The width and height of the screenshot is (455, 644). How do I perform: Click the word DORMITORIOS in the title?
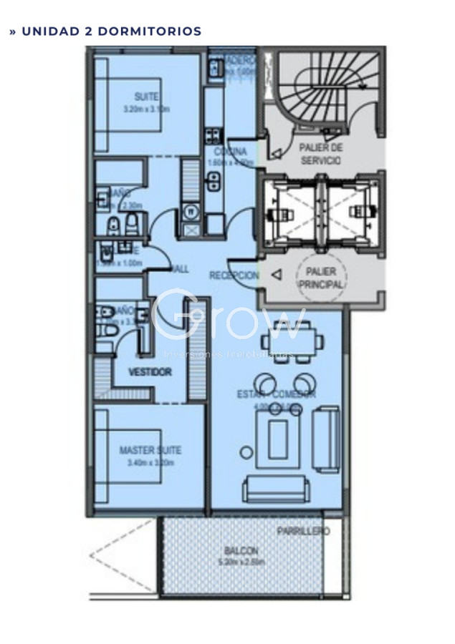pyautogui.click(x=149, y=31)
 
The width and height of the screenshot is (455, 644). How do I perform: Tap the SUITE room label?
pyautogui.click(x=146, y=97)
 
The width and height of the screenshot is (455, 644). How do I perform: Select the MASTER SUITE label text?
pyautogui.click(x=150, y=450)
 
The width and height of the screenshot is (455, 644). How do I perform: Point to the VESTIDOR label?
pyautogui.click(x=150, y=372)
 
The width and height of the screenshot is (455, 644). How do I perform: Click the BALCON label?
pyautogui.click(x=241, y=551)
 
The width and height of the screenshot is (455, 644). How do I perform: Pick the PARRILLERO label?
pyautogui.click(x=303, y=532)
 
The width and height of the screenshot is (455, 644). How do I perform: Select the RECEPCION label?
pyautogui.click(x=234, y=275)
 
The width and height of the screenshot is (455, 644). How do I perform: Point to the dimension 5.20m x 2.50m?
pyautogui.click(x=241, y=562)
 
